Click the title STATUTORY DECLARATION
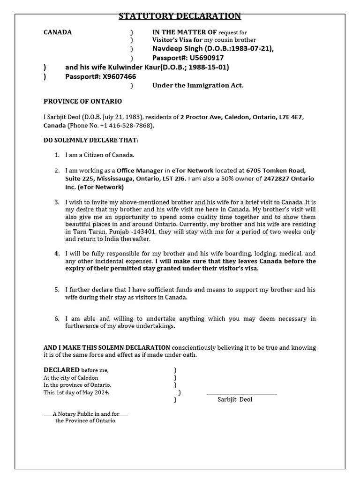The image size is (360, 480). pos(180,16)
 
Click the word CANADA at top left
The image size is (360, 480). pos(58,32)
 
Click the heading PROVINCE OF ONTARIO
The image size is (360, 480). pos(82,101)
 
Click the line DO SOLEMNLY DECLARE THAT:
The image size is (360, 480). pos(91,140)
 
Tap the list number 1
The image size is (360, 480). pos(57,155)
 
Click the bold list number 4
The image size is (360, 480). pos(57,253)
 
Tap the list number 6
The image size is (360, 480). pos(57,319)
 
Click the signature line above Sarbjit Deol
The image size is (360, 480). pos(241,394)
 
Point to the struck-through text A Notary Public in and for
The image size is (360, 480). pos(86,414)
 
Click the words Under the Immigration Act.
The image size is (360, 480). pos(197,85)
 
